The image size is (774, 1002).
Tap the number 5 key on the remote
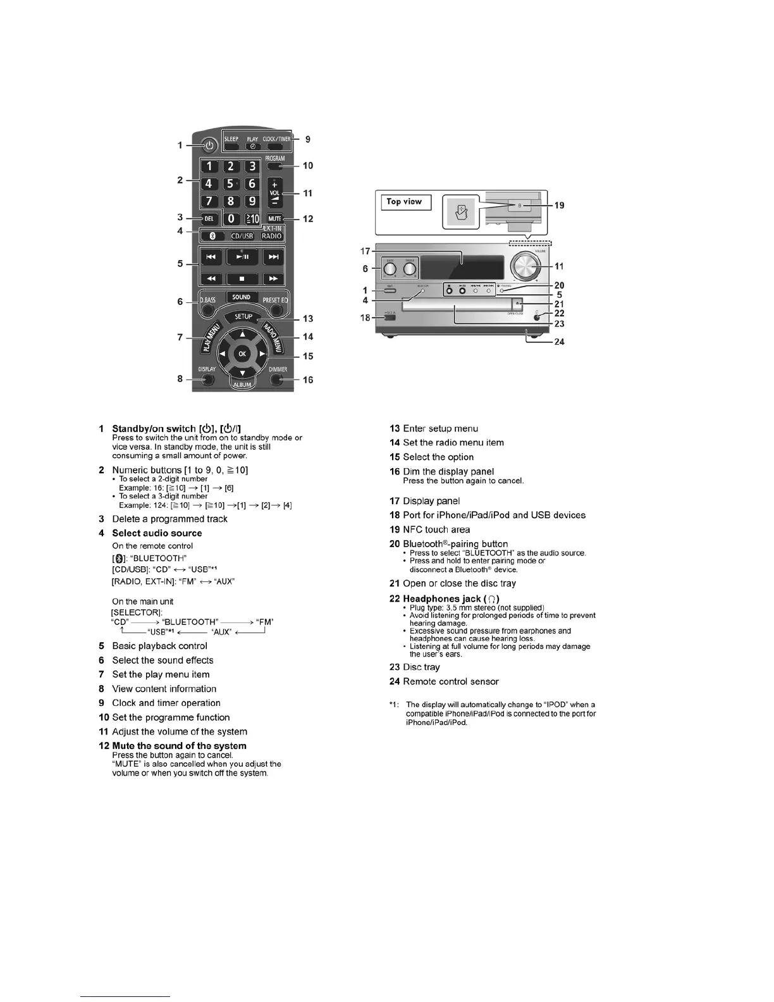click(231, 184)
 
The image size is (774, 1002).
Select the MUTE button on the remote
click(274, 219)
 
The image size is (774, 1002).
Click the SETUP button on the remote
click(243, 316)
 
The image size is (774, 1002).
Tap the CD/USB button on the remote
click(242, 236)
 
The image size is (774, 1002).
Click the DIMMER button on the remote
click(276, 380)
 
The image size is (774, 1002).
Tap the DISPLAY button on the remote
click(206, 380)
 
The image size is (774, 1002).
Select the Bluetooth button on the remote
click(213, 236)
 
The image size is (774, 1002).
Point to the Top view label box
click(405, 202)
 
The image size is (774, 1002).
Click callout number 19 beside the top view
click(559, 206)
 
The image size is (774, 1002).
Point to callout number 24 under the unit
click(559, 342)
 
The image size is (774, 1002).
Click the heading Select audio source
click(157, 533)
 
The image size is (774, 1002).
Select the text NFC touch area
click(436, 529)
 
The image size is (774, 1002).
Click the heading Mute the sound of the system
click(179, 746)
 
